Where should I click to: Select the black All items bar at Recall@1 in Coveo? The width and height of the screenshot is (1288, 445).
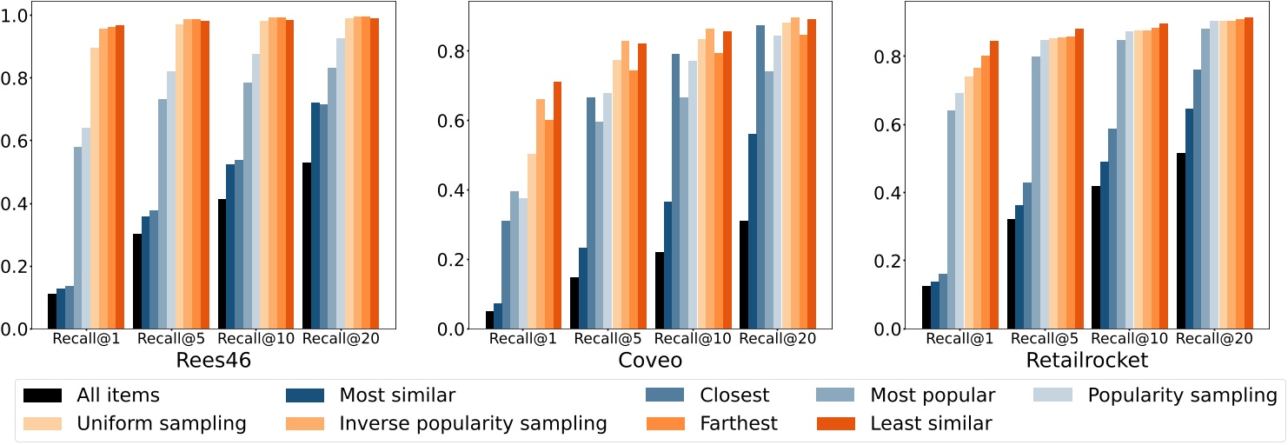[x=489, y=320]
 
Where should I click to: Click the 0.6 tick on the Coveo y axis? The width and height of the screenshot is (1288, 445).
[x=455, y=121]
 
